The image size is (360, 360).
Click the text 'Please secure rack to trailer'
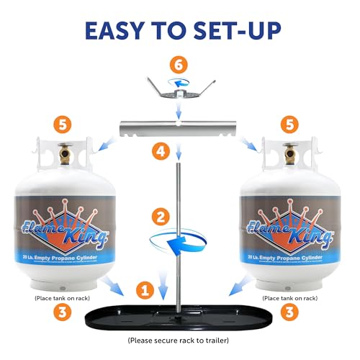pyautogui.click(x=180, y=339)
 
